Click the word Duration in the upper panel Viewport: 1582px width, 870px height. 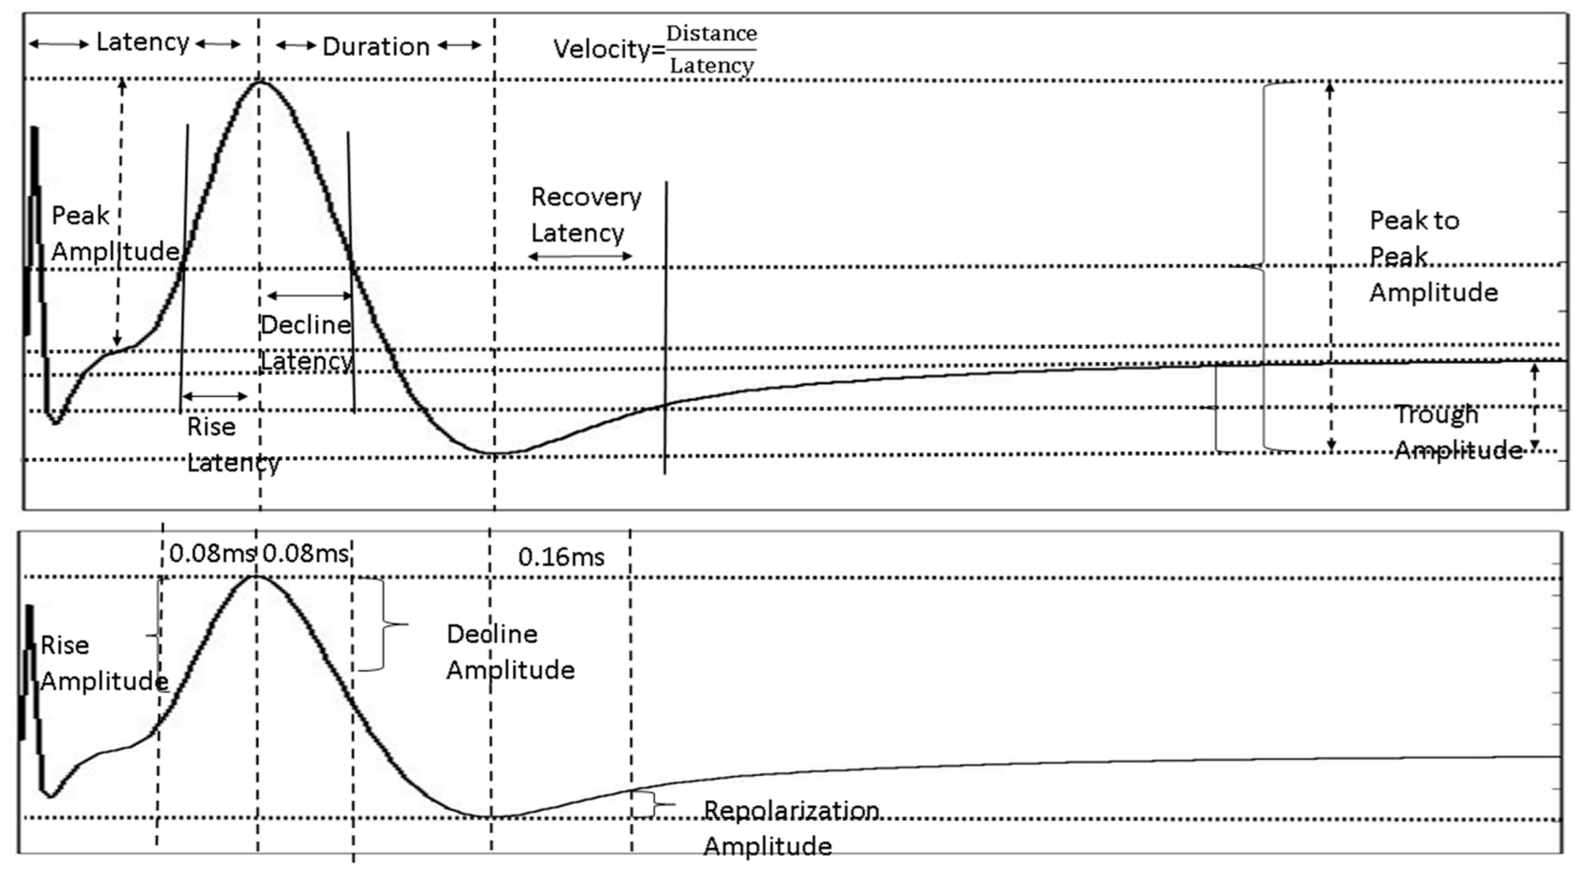(x=375, y=47)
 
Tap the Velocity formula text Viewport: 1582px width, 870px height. (x=654, y=49)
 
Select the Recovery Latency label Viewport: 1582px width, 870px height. (x=585, y=214)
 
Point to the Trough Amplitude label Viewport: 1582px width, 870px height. (x=1456, y=432)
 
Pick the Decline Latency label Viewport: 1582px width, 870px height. (x=307, y=343)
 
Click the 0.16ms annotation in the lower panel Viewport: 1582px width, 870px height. (x=561, y=557)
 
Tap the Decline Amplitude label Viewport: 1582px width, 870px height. (x=510, y=652)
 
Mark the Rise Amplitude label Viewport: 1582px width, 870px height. (x=104, y=663)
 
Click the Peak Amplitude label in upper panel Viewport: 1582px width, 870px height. (x=113, y=233)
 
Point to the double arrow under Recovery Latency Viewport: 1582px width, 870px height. (x=580, y=257)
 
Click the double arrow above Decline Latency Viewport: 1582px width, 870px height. (x=309, y=296)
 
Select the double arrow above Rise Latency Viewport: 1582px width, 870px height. (x=215, y=396)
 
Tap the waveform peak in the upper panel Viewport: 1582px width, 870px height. (x=260, y=82)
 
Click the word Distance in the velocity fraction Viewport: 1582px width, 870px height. (x=711, y=34)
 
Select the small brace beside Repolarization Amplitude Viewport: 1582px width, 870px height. (x=655, y=805)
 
